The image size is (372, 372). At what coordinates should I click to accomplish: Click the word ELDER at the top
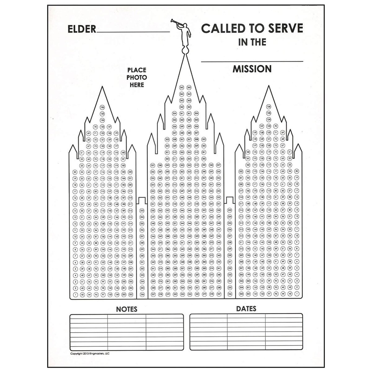pos(82,29)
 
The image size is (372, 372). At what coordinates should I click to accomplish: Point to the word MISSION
pos(252,69)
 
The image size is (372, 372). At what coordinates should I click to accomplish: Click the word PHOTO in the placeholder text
pos(136,77)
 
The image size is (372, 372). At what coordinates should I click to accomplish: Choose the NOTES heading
pos(126,309)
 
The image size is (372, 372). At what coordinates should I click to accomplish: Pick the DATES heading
pos(246,308)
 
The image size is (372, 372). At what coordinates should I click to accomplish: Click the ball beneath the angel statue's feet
pos(186,50)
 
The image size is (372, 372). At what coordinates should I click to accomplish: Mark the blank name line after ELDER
pos(133,31)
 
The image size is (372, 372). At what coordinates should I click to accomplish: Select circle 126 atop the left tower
pos(102,108)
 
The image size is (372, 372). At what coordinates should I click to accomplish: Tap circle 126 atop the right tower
pos(269,107)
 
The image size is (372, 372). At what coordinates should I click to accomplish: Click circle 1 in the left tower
pos(75,294)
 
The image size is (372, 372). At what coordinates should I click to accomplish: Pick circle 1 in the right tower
pos(297,294)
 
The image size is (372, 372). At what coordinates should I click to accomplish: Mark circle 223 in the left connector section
pos(142,210)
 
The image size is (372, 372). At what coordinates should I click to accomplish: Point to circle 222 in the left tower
pos(130,172)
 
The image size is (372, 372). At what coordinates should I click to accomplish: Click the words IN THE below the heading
pos(252,42)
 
